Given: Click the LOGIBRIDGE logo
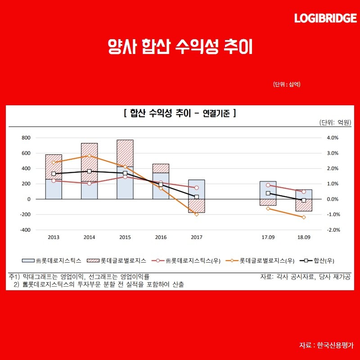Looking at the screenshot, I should (325, 18).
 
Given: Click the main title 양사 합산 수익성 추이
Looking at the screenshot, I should (180, 46).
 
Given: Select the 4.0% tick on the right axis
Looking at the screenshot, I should (332, 138).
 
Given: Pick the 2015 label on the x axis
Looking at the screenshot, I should (125, 237).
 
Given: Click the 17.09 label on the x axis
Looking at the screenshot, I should (268, 237).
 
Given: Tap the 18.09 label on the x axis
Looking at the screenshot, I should (303, 237).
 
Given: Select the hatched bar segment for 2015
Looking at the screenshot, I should (125, 153).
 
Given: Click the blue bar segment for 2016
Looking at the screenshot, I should (161, 186).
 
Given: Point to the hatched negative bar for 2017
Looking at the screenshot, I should (196, 206).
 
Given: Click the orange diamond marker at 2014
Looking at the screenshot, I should (89, 156).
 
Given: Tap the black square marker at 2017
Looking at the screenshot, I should (196, 197).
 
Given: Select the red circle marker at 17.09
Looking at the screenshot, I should (268, 185).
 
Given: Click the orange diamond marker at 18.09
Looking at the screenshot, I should (303, 217).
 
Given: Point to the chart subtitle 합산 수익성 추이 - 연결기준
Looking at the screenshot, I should (180, 114).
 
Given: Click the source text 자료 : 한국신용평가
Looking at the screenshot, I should (326, 345).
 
